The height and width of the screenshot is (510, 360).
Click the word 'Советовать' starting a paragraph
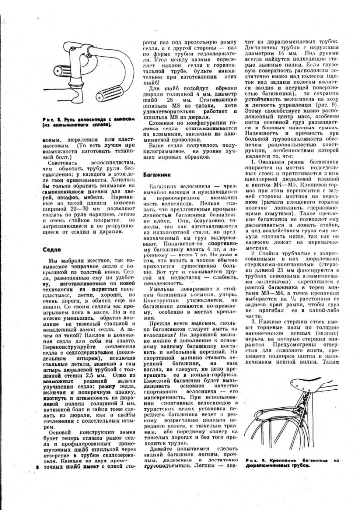67,162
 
